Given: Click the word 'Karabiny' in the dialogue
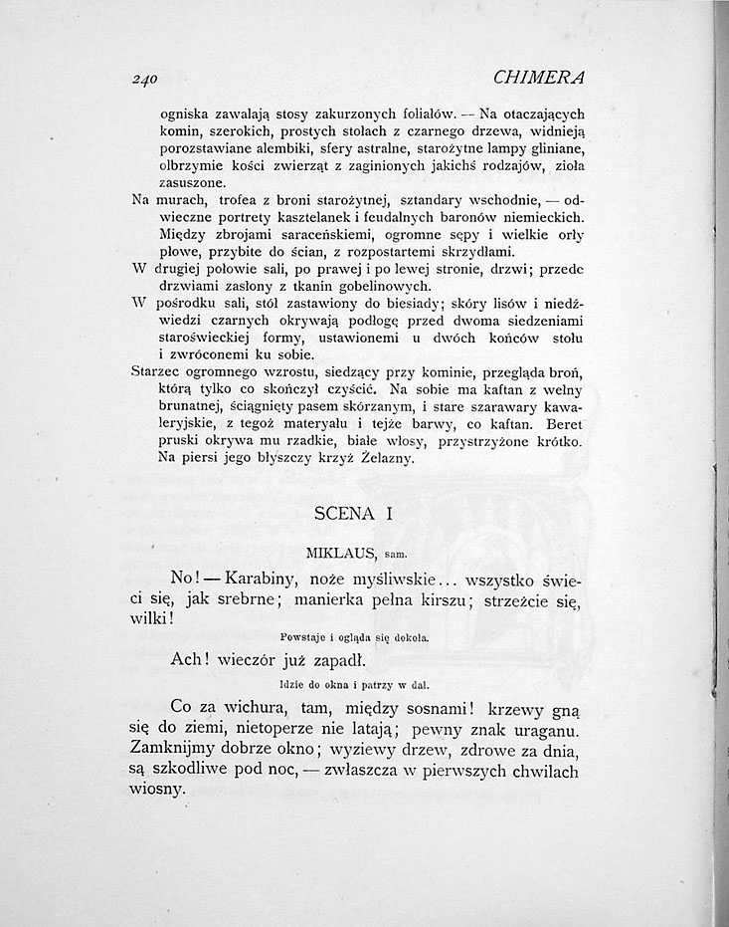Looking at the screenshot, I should click(x=263, y=579).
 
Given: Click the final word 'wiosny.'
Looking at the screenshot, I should click(x=157, y=789).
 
